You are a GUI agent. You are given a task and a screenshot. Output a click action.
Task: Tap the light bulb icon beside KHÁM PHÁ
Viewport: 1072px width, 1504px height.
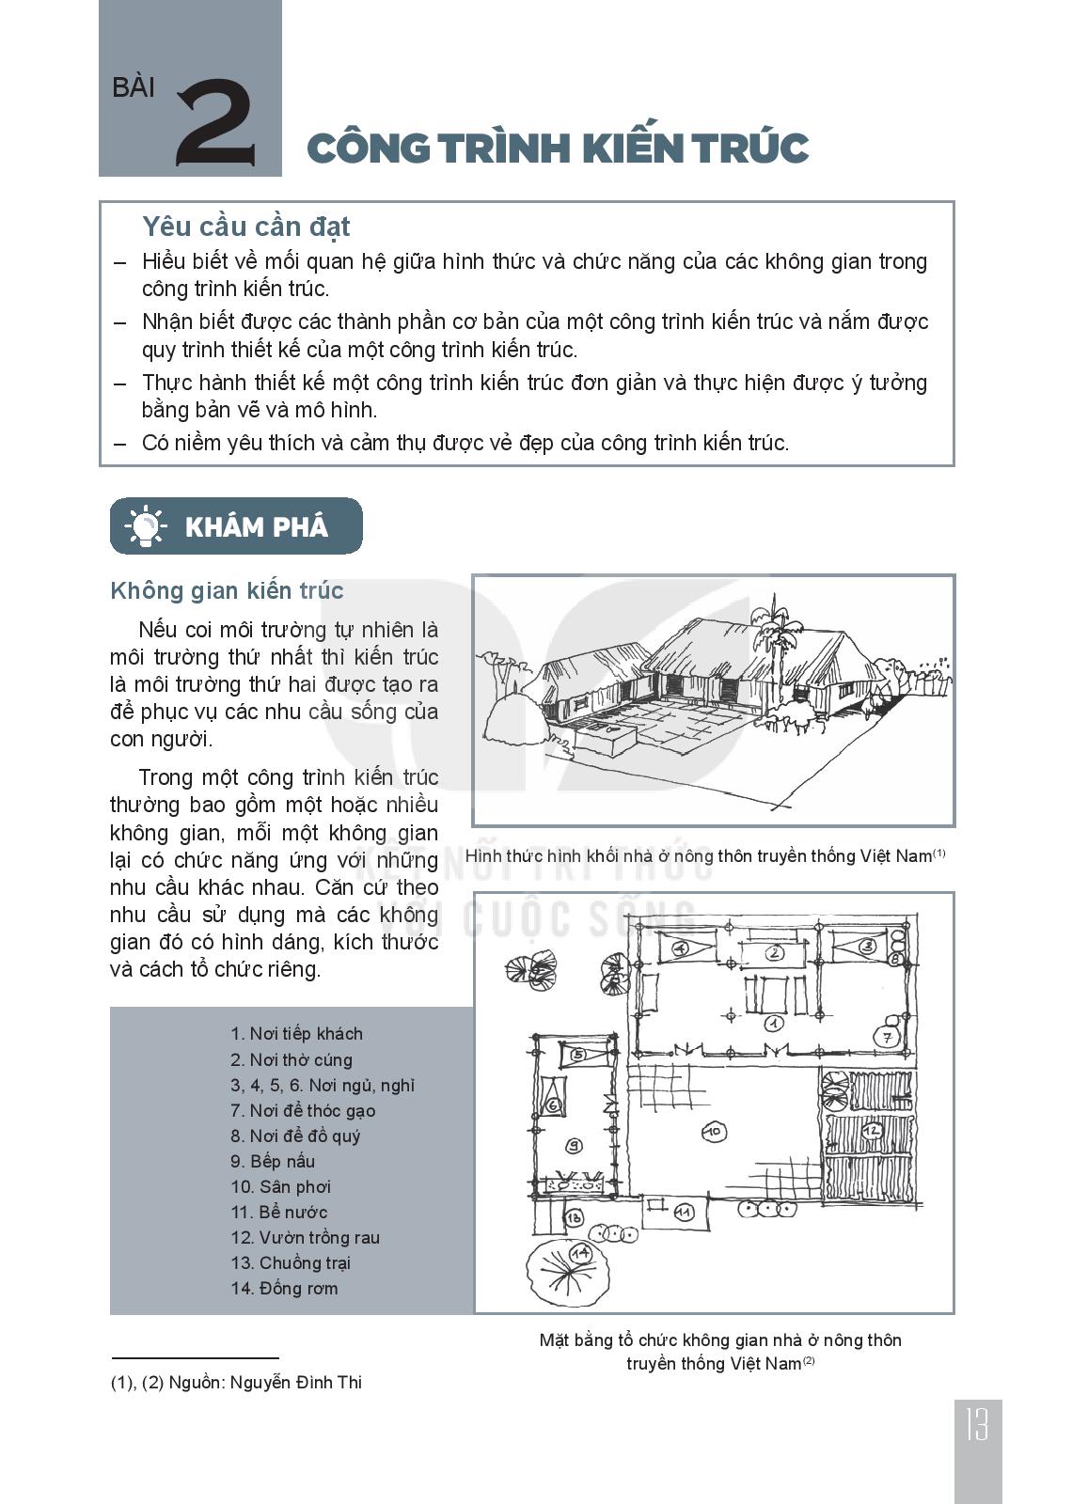pos(145,525)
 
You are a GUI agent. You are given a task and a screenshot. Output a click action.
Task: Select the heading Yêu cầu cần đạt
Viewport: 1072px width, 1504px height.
pos(245,227)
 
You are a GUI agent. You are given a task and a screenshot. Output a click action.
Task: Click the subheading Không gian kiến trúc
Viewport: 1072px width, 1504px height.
pos(227,590)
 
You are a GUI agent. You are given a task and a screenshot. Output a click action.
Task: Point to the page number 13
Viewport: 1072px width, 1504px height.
pos(977,1427)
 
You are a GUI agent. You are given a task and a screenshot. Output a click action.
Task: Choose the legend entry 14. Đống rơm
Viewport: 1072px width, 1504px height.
pos(284,1288)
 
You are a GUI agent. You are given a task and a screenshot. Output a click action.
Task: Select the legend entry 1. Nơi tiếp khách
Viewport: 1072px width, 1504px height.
pos(296,1034)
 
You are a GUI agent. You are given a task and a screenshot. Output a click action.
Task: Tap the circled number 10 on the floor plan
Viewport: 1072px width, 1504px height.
pos(714,1131)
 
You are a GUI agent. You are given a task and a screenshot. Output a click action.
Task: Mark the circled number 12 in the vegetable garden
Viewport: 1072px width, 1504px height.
pos(871,1129)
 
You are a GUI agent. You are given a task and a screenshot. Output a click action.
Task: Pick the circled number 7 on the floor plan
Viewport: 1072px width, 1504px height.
pos(886,1037)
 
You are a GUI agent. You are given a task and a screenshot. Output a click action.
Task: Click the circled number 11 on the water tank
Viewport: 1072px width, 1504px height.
pos(685,1212)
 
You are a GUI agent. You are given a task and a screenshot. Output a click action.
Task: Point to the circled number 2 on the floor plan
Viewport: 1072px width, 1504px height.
pos(775,952)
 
